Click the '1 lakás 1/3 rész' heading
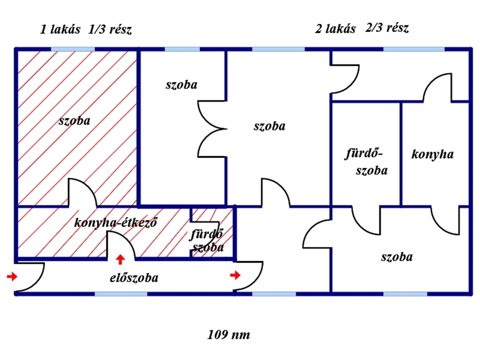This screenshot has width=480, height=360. [86, 30]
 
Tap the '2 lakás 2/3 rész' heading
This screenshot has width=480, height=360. [361, 29]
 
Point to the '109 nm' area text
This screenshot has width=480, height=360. [228, 335]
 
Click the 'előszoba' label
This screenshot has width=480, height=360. [134, 277]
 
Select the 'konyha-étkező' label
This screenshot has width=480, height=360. [115, 223]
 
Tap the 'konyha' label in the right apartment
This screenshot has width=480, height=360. [432, 154]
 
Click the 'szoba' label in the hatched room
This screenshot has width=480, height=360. [75, 120]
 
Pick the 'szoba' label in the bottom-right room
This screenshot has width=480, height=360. [397, 257]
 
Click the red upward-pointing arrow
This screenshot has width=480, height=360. [120, 259]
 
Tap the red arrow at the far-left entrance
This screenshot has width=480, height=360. [12, 277]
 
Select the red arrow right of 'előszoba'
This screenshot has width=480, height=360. [235, 275]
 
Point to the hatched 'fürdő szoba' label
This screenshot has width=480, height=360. [207, 240]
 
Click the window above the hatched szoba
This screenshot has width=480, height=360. [73, 49]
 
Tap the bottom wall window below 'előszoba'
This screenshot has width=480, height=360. [121, 294]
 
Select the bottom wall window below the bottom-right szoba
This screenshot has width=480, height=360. [405, 294]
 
